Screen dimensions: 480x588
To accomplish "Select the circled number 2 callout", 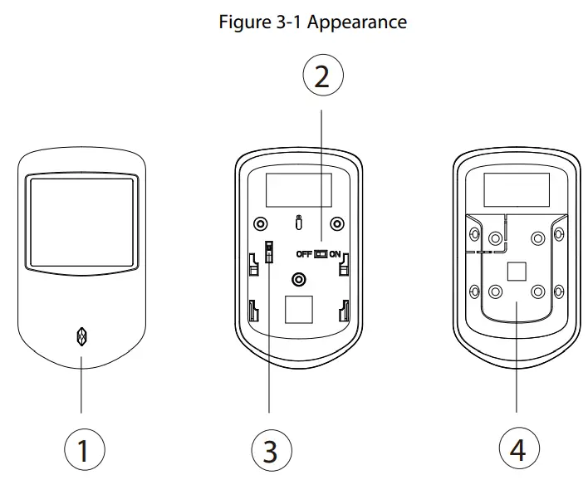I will (322, 76).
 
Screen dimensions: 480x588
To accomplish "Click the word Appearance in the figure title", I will (357, 22).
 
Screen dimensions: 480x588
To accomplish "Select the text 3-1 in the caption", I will (287, 22).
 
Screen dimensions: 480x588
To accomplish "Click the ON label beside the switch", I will (335, 254).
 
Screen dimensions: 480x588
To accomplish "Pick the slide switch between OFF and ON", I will (320, 254).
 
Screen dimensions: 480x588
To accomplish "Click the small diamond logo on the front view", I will (81, 336).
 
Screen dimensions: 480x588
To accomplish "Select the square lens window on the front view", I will (81, 222).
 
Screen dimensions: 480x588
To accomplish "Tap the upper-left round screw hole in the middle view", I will (262, 223).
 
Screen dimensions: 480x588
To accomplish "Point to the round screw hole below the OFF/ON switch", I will (300, 277).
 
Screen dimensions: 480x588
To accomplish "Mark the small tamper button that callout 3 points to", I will (269, 252).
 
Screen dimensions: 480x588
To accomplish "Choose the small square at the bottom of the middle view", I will (299, 311).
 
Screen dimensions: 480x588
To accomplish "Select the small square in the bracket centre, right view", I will (516, 272).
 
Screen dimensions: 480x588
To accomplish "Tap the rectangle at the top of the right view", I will (516, 190).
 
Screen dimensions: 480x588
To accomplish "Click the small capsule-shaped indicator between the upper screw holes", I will (299, 223).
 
